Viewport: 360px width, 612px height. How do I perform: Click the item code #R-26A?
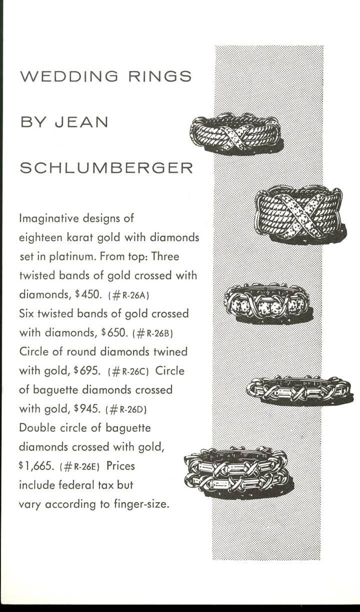click(132, 294)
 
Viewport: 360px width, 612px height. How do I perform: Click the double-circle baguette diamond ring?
click(238, 467)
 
